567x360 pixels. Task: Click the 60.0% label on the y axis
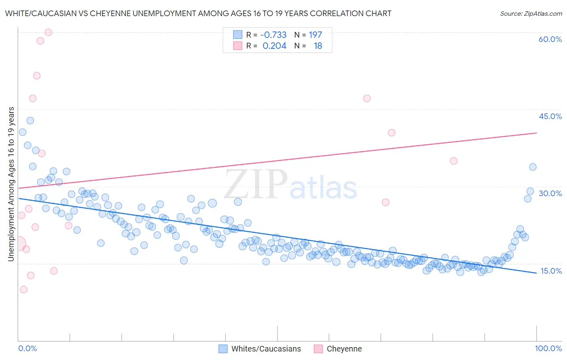coord(550,39)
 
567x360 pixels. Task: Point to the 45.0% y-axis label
coord(550,116)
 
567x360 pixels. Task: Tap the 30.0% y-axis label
coord(550,193)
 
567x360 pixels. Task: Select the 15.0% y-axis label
coord(551,271)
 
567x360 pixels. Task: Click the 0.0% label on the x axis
coord(27,349)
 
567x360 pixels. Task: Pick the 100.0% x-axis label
coord(548,349)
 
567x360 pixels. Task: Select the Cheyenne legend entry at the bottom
coord(344,349)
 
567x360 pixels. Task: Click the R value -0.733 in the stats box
coord(273,35)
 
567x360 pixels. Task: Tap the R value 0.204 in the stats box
coord(274,46)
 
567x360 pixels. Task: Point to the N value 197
coord(315,35)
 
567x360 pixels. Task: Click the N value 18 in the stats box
coord(318,46)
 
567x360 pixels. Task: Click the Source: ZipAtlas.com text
coord(531,14)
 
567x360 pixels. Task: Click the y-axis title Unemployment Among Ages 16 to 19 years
coord(11,184)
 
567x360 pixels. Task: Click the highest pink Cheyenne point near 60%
coord(48,32)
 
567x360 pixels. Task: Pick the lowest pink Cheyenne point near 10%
coord(23,289)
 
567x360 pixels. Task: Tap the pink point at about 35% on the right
coord(454,161)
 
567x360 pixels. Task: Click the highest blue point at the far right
coord(533,167)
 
